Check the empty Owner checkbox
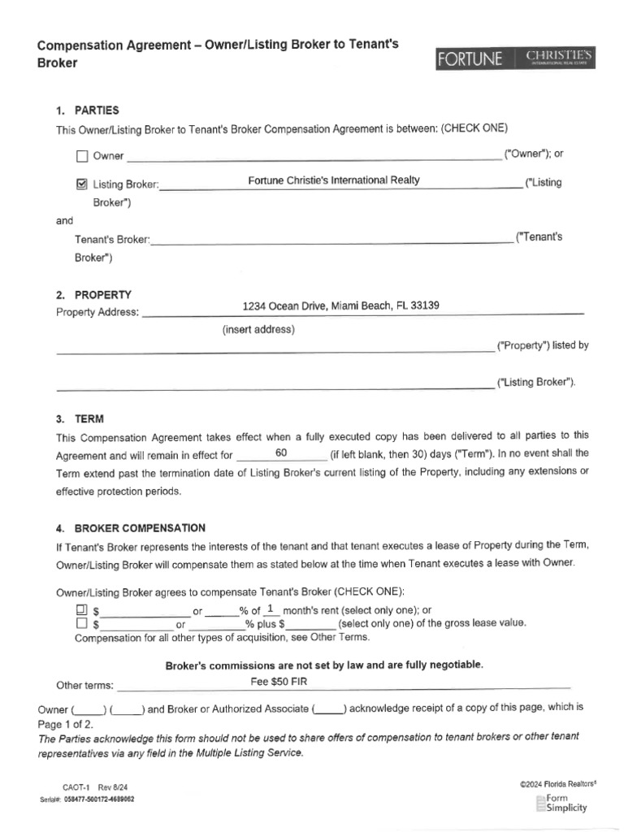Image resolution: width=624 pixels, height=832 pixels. point(81,156)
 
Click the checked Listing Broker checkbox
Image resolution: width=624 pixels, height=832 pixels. point(81,184)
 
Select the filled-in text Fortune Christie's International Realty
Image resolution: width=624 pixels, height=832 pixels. point(334,180)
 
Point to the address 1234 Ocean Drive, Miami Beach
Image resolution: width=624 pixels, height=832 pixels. point(341,305)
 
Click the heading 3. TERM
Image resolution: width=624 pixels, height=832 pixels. point(80,420)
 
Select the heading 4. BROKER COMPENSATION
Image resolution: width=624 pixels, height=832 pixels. point(130,528)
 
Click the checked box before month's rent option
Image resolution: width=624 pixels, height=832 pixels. point(81,609)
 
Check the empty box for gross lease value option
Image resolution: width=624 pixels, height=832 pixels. point(81,624)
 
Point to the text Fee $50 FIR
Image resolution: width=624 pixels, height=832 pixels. point(279,681)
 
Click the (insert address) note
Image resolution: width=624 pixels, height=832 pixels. point(258,330)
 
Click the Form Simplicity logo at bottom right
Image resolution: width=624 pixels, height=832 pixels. point(561,804)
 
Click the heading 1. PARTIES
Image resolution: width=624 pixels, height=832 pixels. point(88,110)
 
